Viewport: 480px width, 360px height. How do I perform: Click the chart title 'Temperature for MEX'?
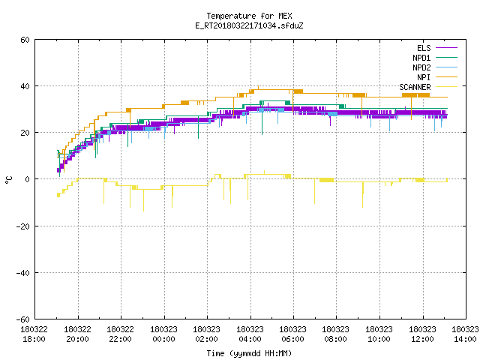[x=249, y=16]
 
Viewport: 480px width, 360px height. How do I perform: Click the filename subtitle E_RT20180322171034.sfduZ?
[x=249, y=25]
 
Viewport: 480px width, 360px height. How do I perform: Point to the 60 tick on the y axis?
[x=25, y=40]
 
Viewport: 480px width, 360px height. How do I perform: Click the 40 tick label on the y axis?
[x=25, y=86]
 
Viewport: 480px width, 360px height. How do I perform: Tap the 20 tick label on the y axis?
[x=25, y=133]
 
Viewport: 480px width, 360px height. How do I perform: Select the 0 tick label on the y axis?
[x=28, y=179]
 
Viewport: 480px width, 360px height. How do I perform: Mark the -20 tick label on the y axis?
[x=23, y=226]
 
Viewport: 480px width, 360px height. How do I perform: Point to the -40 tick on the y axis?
[x=23, y=273]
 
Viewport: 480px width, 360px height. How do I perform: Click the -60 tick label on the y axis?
[x=23, y=319]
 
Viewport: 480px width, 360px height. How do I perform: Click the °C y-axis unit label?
[x=8, y=180]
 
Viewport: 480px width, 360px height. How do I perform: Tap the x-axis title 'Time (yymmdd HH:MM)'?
[x=249, y=353]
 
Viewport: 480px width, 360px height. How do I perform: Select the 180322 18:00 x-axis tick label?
[x=34, y=334]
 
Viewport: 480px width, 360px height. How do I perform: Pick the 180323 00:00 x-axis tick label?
[x=163, y=334]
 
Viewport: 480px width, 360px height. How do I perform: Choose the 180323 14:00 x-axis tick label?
[x=465, y=334]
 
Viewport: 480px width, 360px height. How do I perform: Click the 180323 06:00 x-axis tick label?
[x=293, y=334]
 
